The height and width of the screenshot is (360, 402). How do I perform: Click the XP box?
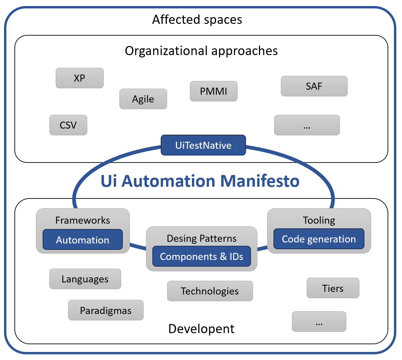(80, 78)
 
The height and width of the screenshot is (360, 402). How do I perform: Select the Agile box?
(143, 99)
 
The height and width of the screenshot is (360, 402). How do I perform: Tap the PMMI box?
(213, 91)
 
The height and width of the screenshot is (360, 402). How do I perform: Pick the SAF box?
(314, 86)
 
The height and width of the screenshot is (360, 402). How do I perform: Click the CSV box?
(68, 125)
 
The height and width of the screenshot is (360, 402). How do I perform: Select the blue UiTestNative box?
(203, 145)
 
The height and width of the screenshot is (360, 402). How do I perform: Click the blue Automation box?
(83, 240)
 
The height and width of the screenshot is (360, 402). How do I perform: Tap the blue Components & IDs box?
(201, 257)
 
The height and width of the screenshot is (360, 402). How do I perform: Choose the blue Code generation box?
(318, 239)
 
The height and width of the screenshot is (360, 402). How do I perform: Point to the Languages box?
(85, 279)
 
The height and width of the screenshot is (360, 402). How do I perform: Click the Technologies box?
(210, 291)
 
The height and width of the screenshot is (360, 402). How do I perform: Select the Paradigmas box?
(106, 310)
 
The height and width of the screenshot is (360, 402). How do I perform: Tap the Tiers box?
(333, 288)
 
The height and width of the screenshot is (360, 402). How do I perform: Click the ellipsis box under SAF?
(307, 125)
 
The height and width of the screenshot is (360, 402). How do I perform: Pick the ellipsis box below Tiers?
(319, 322)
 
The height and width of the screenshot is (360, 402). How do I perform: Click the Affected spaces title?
(197, 20)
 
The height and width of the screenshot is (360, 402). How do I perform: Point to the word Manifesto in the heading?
(260, 181)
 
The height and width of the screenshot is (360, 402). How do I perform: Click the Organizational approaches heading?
(201, 51)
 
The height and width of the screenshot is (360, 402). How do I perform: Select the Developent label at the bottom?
(201, 329)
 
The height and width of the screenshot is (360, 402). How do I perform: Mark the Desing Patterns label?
(201, 238)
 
